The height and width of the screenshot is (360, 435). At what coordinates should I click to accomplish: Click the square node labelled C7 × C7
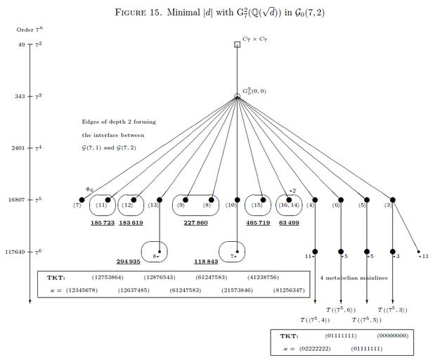237,44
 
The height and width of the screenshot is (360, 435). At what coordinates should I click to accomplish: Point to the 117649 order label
14,252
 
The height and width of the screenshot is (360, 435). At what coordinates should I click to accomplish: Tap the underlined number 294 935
129,261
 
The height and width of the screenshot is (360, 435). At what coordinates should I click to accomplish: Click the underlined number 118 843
206,261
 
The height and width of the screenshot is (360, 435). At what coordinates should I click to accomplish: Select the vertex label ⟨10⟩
231,205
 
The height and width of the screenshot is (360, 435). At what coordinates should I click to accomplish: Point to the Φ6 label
89,190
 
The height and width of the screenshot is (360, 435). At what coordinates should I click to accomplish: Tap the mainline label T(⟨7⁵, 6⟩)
341,309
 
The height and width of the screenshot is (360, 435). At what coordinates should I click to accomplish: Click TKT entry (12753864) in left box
107,278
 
